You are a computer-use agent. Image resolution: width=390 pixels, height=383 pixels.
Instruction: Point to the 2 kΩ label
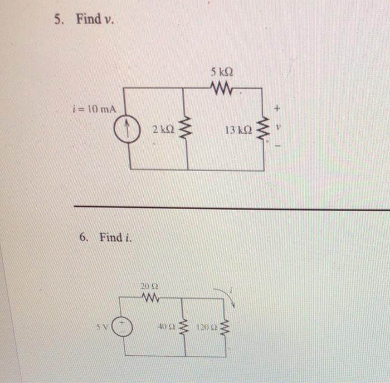click(x=163, y=130)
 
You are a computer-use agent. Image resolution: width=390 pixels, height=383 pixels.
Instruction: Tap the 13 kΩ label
click(x=238, y=130)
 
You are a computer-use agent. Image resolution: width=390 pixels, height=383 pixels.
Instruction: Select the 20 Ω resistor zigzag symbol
click(x=149, y=298)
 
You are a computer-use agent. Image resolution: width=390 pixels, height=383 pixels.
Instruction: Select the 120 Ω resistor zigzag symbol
click(x=225, y=326)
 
